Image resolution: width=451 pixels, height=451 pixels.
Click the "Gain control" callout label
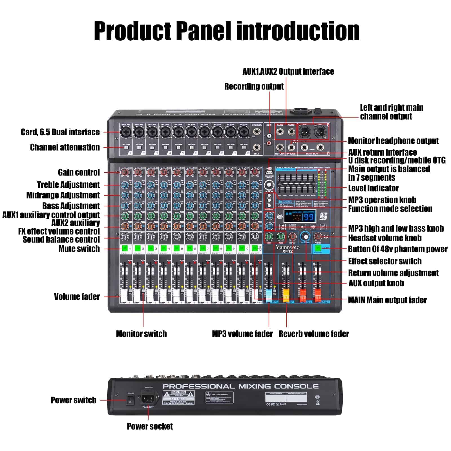pos(79,172)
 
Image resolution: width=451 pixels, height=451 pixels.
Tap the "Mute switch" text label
pos(79,249)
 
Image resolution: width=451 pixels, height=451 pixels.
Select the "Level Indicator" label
pos(373,188)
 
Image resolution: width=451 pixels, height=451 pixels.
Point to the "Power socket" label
pos(150,426)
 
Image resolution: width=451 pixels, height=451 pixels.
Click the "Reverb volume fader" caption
pos(314,334)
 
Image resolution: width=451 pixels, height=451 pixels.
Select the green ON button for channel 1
pos(125,248)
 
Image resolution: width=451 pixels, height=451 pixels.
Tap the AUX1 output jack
pos(280,132)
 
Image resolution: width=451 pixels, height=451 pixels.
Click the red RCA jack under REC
pos(269,143)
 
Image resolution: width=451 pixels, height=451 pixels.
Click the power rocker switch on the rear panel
pos(131,400)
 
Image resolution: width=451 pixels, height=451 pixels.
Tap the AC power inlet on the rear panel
pos(148,398)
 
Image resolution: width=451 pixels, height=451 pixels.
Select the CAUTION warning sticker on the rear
pos(178,394)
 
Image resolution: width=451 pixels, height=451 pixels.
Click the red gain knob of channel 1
pos(125,172)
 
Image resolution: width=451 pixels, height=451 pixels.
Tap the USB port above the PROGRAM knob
pos(269,172)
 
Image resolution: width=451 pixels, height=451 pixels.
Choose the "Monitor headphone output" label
pos(393,141)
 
